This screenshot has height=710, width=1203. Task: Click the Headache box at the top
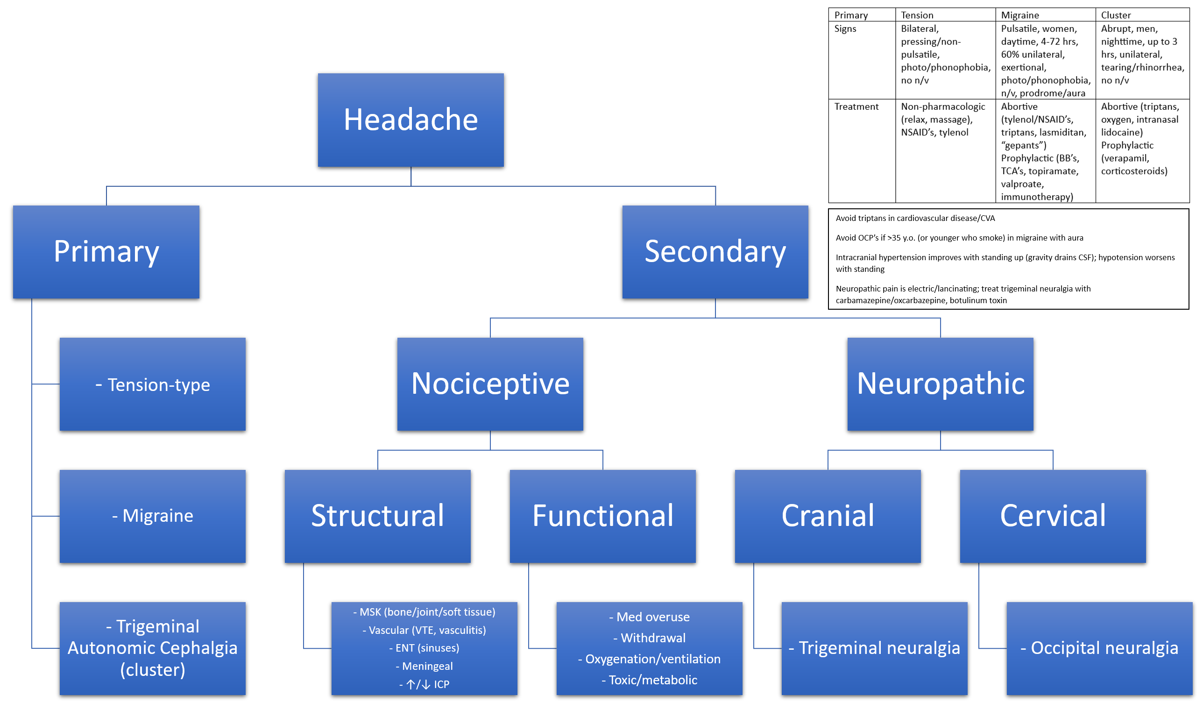pos(410,120)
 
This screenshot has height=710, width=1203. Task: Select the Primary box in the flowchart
pos(106,252)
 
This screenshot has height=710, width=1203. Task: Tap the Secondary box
pos(715,252)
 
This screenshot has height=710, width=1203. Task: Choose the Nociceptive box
pos(490,383)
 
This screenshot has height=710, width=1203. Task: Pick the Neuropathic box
pos(940,383)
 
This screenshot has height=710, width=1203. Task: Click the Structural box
pos(377,516)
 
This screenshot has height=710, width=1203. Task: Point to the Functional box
pos(602,516)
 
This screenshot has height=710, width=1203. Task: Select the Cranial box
pos(827,516)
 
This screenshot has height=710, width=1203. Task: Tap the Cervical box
pos(1052,516)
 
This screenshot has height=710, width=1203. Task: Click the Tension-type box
pos(153,384)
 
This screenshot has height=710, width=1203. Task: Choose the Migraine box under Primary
pos(153,516)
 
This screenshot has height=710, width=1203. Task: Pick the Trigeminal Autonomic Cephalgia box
pos(153,648)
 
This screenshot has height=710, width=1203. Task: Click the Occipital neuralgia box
pos(1099,648)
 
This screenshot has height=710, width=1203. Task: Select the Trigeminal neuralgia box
pos(874,648)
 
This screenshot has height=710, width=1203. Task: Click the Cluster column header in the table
pos(1116,15)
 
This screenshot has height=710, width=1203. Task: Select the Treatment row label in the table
pos(856,106)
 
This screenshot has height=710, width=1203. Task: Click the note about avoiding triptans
pos(914,218)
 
